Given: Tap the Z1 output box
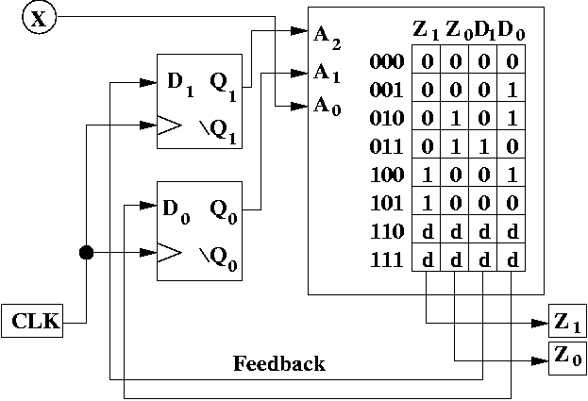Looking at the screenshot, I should pyautogui.click(x=568, y=323).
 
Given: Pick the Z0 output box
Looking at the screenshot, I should pyautogui.click(x=568, y=357).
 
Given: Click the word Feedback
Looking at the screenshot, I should pyautogui.click(x=278, y=363).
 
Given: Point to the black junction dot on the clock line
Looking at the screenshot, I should pyautogui.click(x=86, y=253).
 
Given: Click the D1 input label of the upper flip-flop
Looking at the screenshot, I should pyautogui.click(x=179, y=81).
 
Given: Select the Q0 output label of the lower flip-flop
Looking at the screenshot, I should pyautogui.click(x=224, y=205).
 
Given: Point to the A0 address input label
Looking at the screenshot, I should pyautogui.click(x=328, y=106).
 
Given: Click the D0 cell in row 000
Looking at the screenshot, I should pyautogui.click(x=512, y=62).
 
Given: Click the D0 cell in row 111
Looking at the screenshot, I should pyautogui.click(x=512, y=259).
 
